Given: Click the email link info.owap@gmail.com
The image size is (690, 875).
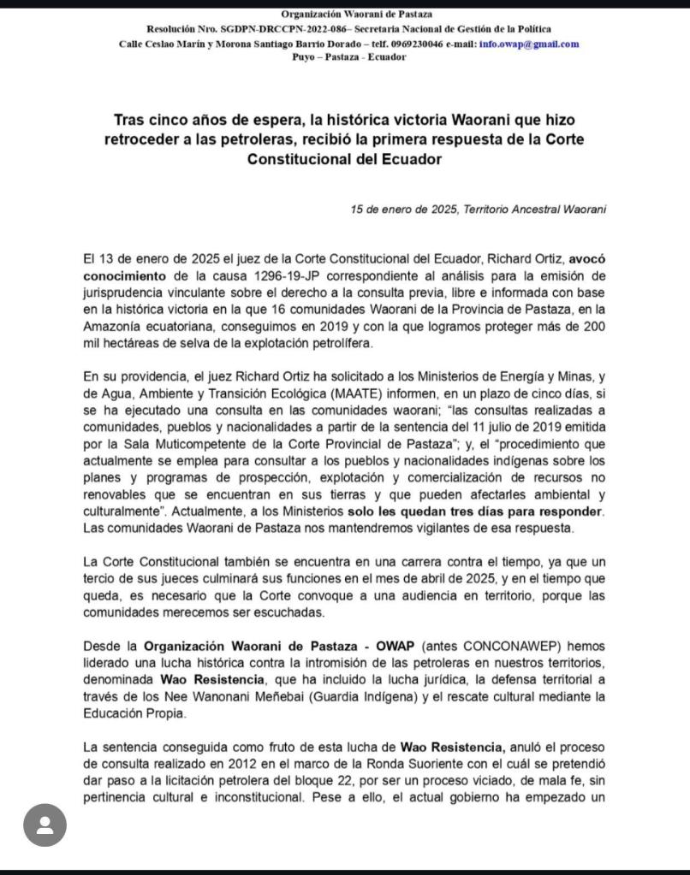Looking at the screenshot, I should tap(529, 44).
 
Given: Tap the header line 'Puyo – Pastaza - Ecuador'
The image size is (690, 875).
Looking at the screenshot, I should tap(344, 56).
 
